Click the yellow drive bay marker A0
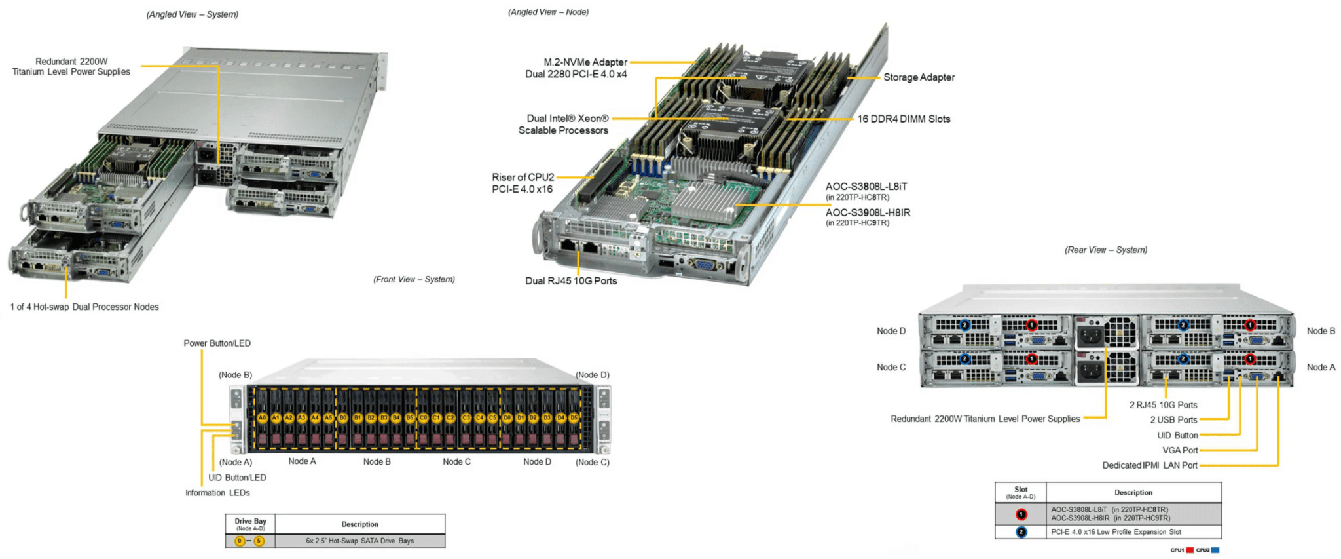262,417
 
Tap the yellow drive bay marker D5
574,417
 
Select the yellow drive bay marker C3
466,417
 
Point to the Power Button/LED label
217,343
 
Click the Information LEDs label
217,493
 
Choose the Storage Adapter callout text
919,77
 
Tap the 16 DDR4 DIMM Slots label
904,119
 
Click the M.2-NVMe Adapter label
585,62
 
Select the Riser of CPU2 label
523,178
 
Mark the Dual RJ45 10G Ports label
571,280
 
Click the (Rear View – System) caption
1106,250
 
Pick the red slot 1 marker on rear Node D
1032,325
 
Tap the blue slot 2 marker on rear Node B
1183,325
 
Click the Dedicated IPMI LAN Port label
1149,465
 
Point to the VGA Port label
1179,450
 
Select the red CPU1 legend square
1190,550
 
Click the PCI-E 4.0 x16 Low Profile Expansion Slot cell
1116,532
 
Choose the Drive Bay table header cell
250,524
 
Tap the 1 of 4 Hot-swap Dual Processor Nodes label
84,307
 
